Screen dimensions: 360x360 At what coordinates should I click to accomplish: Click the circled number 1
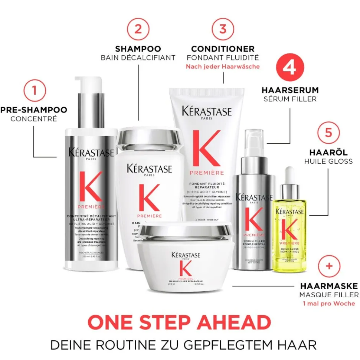tap(35, 89)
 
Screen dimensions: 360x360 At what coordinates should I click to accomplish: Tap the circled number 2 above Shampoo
tap(138, 29)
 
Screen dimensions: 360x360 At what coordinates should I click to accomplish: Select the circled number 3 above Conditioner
tap(223, 29)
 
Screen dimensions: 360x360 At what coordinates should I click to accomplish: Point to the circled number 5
tap(328, 132)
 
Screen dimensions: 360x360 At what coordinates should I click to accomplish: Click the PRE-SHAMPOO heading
tap(34, 110)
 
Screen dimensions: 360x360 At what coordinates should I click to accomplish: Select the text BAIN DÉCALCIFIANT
tap(138, 58)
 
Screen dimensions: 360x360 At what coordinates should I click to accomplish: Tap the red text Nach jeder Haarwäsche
tap(223, 67)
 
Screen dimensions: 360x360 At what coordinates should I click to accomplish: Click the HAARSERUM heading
tap(290, 90)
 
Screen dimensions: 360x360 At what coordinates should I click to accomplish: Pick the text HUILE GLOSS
tap(328, 161)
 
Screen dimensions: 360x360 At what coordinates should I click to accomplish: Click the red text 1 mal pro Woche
tap(329, 304)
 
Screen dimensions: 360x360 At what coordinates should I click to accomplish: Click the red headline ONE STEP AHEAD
tap(179, 322)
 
